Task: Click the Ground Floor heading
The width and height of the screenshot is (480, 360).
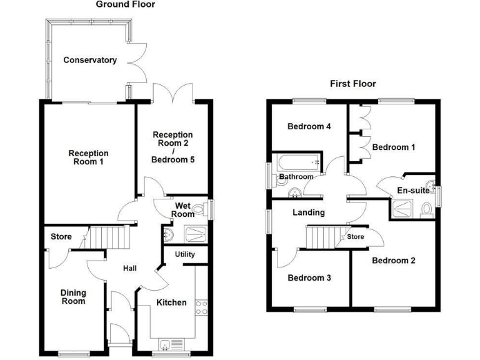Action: point(126,4)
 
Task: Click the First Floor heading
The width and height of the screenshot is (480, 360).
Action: point(353,84)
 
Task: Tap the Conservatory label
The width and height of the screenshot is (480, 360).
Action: point(90,60)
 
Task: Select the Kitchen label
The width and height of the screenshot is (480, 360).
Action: point(171,302)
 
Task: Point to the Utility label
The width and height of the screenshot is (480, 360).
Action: point(185,254)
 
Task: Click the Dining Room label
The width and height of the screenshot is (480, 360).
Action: point(74,297)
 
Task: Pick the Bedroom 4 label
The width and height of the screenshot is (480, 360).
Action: point(309,126)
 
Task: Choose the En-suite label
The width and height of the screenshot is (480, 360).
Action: point(413,191)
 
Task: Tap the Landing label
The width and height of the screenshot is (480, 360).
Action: point(309,212)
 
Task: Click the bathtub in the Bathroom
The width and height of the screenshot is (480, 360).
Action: point(298,162)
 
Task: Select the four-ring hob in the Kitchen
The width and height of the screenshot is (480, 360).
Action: point(201,307)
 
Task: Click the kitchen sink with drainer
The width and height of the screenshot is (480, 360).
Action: point(171,345)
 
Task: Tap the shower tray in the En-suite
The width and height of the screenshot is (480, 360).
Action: point(402,209)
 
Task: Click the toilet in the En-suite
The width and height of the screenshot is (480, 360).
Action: point(426,210)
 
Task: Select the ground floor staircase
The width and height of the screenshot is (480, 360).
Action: point(107,237)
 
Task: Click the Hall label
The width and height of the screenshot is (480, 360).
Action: point(130,269)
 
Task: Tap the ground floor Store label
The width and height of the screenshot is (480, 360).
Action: point(61,237)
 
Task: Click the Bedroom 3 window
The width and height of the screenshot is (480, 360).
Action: point(311,310)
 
